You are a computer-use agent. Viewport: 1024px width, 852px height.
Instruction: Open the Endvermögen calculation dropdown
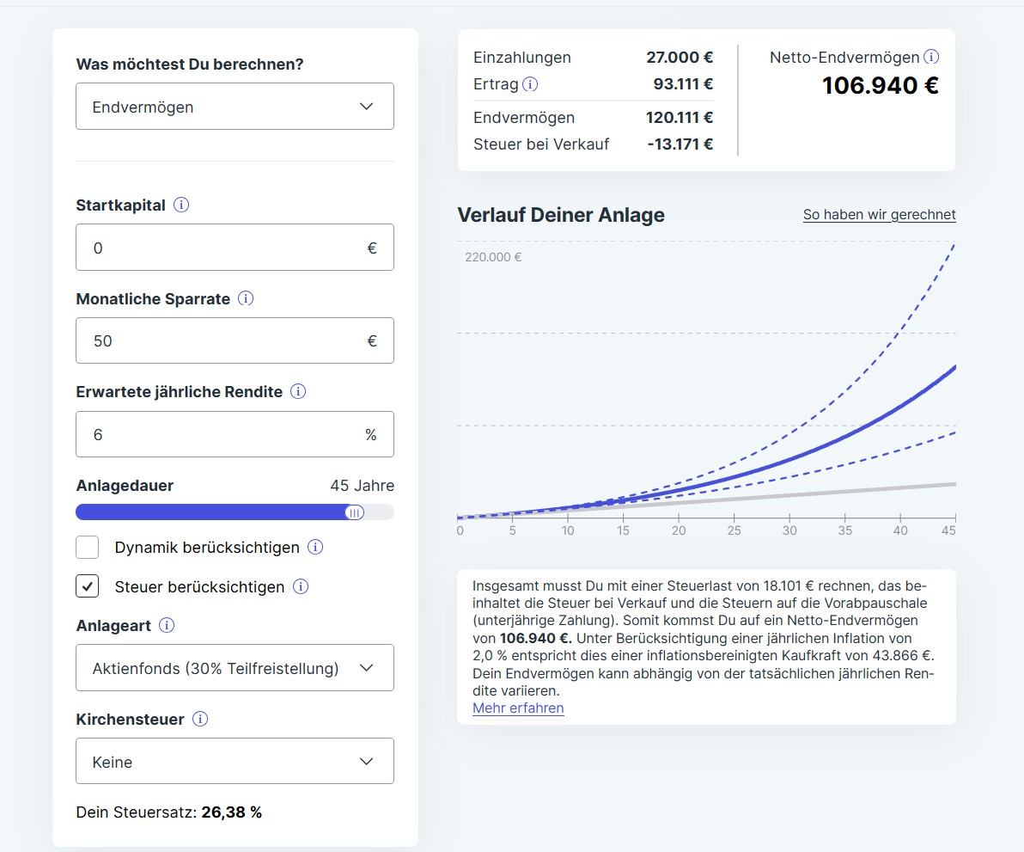235,106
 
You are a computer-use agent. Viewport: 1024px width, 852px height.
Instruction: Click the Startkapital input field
235,247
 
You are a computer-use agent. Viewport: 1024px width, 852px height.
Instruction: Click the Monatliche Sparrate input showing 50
235,340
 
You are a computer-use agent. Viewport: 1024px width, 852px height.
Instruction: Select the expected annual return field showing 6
235,434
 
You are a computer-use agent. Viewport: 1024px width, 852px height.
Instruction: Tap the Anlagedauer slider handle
355,512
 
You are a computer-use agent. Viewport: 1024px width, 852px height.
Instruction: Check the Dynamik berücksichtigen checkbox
88,547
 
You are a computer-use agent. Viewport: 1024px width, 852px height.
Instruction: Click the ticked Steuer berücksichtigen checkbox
88,586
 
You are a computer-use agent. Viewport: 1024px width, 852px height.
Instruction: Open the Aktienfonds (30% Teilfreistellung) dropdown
235,668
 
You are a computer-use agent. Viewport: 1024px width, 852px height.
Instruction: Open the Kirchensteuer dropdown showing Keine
235,761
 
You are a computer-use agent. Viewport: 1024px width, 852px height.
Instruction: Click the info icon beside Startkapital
181,205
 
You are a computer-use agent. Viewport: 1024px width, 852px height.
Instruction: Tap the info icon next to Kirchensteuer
200,720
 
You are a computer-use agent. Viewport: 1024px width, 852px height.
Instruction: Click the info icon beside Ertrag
530,83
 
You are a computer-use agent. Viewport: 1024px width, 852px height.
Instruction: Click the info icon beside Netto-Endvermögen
931,57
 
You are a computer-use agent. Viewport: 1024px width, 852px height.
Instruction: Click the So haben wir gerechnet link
879,214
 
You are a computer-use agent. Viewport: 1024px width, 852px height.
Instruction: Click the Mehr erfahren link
518,708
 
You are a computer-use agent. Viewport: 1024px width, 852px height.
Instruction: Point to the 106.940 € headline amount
881,86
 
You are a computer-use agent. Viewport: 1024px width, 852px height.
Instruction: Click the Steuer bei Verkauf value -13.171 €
680,144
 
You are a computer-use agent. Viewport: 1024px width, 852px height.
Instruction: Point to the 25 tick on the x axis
734,530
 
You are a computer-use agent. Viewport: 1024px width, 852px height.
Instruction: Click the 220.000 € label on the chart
493,257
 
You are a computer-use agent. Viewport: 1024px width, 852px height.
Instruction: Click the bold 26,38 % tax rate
231,812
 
